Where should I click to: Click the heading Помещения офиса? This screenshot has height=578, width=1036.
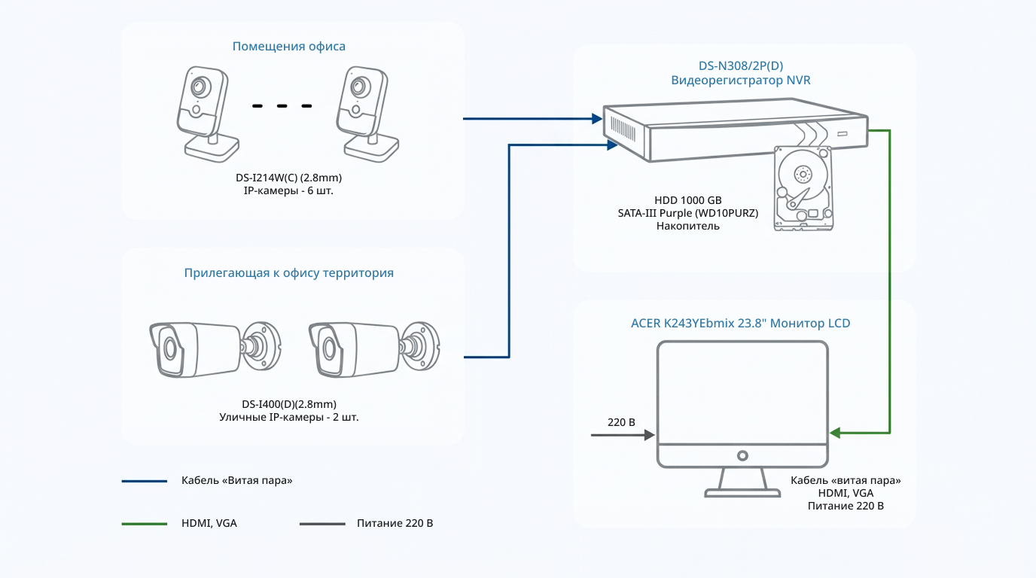tap(288, 47)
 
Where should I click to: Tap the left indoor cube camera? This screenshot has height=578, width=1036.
tap(207, 114)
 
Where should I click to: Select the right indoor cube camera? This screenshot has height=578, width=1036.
tap(367, 114)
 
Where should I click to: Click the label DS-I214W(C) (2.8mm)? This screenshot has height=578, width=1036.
tap(288, 178)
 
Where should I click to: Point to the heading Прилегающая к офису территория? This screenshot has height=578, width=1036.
tap(288, 273)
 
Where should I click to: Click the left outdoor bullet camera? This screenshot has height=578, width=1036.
tap(215, 349)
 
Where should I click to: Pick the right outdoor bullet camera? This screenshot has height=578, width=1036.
tap(374, 349)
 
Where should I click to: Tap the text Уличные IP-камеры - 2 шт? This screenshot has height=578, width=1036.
tap(288, 417)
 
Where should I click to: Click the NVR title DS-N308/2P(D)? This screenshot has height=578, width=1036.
tap(740, 65)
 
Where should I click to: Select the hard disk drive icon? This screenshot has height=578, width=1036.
tap(803, 188)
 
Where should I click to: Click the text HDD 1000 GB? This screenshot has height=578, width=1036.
tap(687, 200)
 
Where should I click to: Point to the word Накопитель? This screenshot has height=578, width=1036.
tap(687, 226)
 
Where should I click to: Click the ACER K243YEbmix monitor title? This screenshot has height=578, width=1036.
tap(740, 323)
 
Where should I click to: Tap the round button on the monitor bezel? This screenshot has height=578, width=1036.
tap(742, 456)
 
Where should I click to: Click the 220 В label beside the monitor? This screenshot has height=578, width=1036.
tap(621, 422)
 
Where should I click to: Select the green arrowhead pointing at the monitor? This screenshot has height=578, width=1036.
tap(835, 433)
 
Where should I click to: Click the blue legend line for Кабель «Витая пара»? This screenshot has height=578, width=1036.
tap(145, 482)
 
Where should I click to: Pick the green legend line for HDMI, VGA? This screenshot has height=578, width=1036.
tap(145, 524)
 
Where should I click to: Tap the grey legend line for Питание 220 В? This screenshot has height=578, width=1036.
tap(322, 524)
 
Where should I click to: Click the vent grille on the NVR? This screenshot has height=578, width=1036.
tap(623, 129)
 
